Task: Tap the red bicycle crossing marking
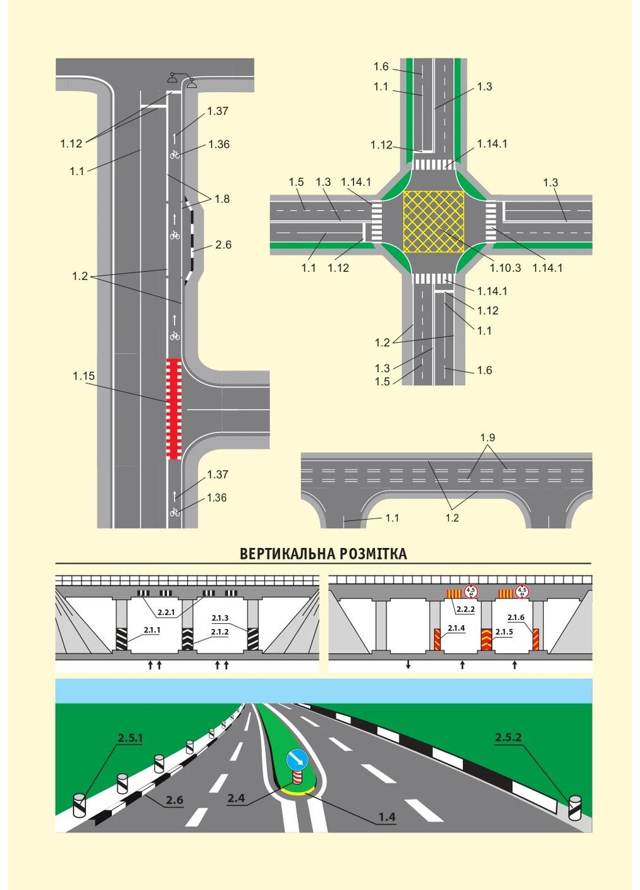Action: [x=174, y=408]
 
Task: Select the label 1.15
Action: [x=83, y=376]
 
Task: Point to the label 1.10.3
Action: [x=505, y=267]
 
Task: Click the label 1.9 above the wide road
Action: [x=487, y=437]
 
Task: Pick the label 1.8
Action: [x=222, y=199]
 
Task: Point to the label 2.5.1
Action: [x=130, y=738]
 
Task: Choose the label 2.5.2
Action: [x=508, y=737]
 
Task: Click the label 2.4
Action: [x=236, y=798]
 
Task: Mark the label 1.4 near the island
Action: [x=386, y=817]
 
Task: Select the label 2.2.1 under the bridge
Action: [x=166, y=612]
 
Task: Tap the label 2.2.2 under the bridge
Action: [x=465, y=609]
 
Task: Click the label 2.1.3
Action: [x=220, y=618]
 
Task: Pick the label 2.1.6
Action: [x=515, y=618]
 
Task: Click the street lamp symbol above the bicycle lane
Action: [x=182, y=79]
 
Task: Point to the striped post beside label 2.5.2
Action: [x=574, y=807]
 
